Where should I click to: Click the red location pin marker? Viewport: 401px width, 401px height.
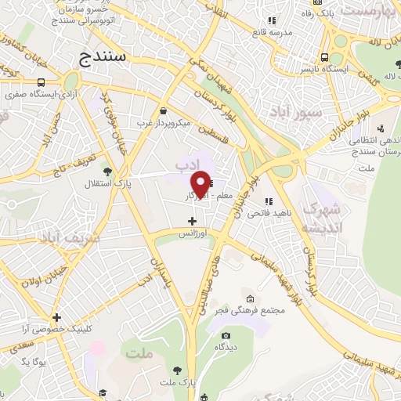201,182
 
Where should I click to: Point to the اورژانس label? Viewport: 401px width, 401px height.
192,233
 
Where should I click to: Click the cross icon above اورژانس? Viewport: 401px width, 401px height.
192,222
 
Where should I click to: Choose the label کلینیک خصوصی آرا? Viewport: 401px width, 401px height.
56,329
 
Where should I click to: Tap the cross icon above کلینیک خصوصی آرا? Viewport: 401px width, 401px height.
56,317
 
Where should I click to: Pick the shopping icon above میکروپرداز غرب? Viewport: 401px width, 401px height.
163,111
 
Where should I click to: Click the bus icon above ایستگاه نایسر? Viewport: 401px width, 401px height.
324,57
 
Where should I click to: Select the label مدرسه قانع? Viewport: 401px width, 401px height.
271,32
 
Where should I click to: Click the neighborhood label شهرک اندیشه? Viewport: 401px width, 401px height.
325,219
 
